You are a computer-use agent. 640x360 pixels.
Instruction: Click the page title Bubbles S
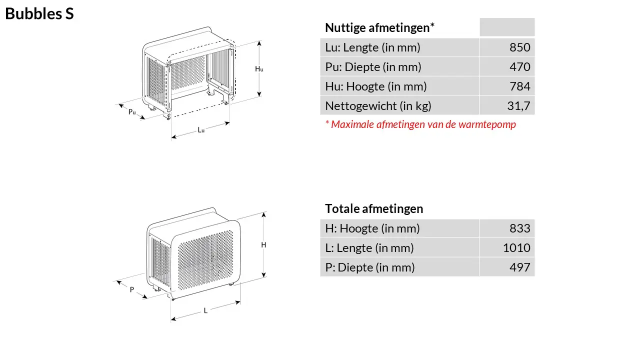click(39, 14)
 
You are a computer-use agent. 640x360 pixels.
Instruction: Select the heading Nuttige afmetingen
click(379, 27)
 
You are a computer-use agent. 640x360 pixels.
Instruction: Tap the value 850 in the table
click(519, 47)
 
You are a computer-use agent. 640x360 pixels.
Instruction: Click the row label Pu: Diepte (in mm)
click(373, 67)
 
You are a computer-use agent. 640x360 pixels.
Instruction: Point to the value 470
click(519, 67)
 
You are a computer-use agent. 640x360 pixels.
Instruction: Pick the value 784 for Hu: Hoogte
click(519, 86)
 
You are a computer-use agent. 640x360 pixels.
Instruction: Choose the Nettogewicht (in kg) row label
click(378, 106)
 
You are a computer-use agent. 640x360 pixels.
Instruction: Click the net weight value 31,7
click(518, 106)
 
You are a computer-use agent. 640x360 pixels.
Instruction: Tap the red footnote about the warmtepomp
click(420, 124)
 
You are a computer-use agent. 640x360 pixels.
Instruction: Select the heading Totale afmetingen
click(374, 208)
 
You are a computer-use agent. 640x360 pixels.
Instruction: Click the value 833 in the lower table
click(519, 228)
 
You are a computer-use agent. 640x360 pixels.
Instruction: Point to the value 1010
click(516, 248)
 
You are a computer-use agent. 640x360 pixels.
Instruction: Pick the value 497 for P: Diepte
click(519, 267)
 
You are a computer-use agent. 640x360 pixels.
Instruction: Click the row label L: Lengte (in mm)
click(369, 248)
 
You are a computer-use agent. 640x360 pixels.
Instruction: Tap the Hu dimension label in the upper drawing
click(259, 69)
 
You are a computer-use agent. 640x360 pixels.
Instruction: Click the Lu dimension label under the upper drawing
click(201, 130)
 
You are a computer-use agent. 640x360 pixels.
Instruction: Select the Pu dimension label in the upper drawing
click(132, 112)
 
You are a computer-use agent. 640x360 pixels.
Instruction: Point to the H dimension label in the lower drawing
click(263, 245)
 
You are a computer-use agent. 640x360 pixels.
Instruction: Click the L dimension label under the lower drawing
click(205, 310)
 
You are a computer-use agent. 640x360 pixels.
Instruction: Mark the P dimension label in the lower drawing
click(132, 289)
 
